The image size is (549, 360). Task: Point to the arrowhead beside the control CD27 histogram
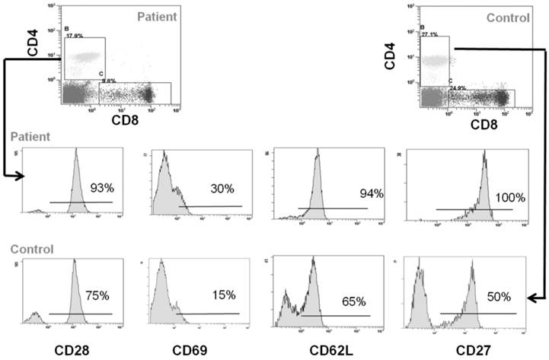[530, 298]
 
